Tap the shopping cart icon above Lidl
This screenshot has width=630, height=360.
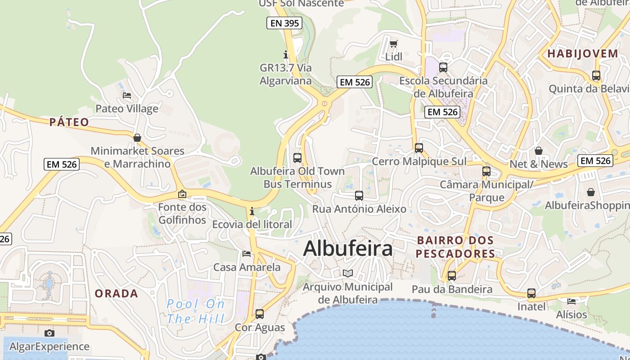pos(394,44)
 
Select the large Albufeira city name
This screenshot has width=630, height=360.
pos(348,248)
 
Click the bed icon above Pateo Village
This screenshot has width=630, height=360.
pos(127,95)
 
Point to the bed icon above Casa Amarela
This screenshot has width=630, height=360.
pos(247,254)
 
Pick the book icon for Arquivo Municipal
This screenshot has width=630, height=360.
pos(348,273)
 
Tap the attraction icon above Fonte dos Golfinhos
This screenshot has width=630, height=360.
pos(182,194)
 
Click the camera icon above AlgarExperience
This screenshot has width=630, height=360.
pos(49,333)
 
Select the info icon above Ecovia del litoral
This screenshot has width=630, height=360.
pos(252,211)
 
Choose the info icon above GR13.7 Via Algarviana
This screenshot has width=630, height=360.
pos(286,54)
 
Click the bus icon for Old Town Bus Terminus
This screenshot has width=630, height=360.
pos(297,157)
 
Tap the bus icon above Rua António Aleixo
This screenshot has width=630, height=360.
pos(359,195)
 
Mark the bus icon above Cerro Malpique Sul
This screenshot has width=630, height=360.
pos(419,148)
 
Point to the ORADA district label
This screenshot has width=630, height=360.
pos(116,293)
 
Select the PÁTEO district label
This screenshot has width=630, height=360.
pos(69,122)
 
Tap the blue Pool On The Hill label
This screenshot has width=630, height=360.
pos(196,311)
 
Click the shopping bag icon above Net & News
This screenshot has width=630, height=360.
pos(538,151)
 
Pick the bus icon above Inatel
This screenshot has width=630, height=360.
pos(531,293)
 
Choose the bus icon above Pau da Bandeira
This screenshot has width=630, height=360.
pos(452,276)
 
